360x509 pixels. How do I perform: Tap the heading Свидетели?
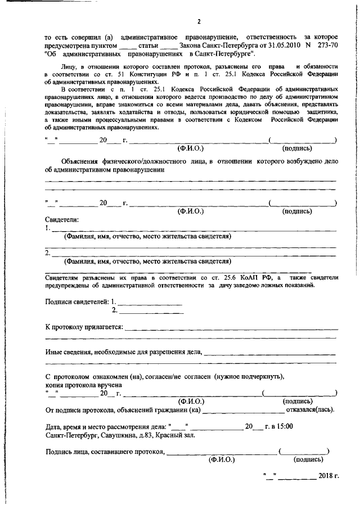click(x=61, y=219)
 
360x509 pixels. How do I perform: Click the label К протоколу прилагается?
click(x=84, y=327)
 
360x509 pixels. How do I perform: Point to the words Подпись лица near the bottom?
click(x=69, y=452)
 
